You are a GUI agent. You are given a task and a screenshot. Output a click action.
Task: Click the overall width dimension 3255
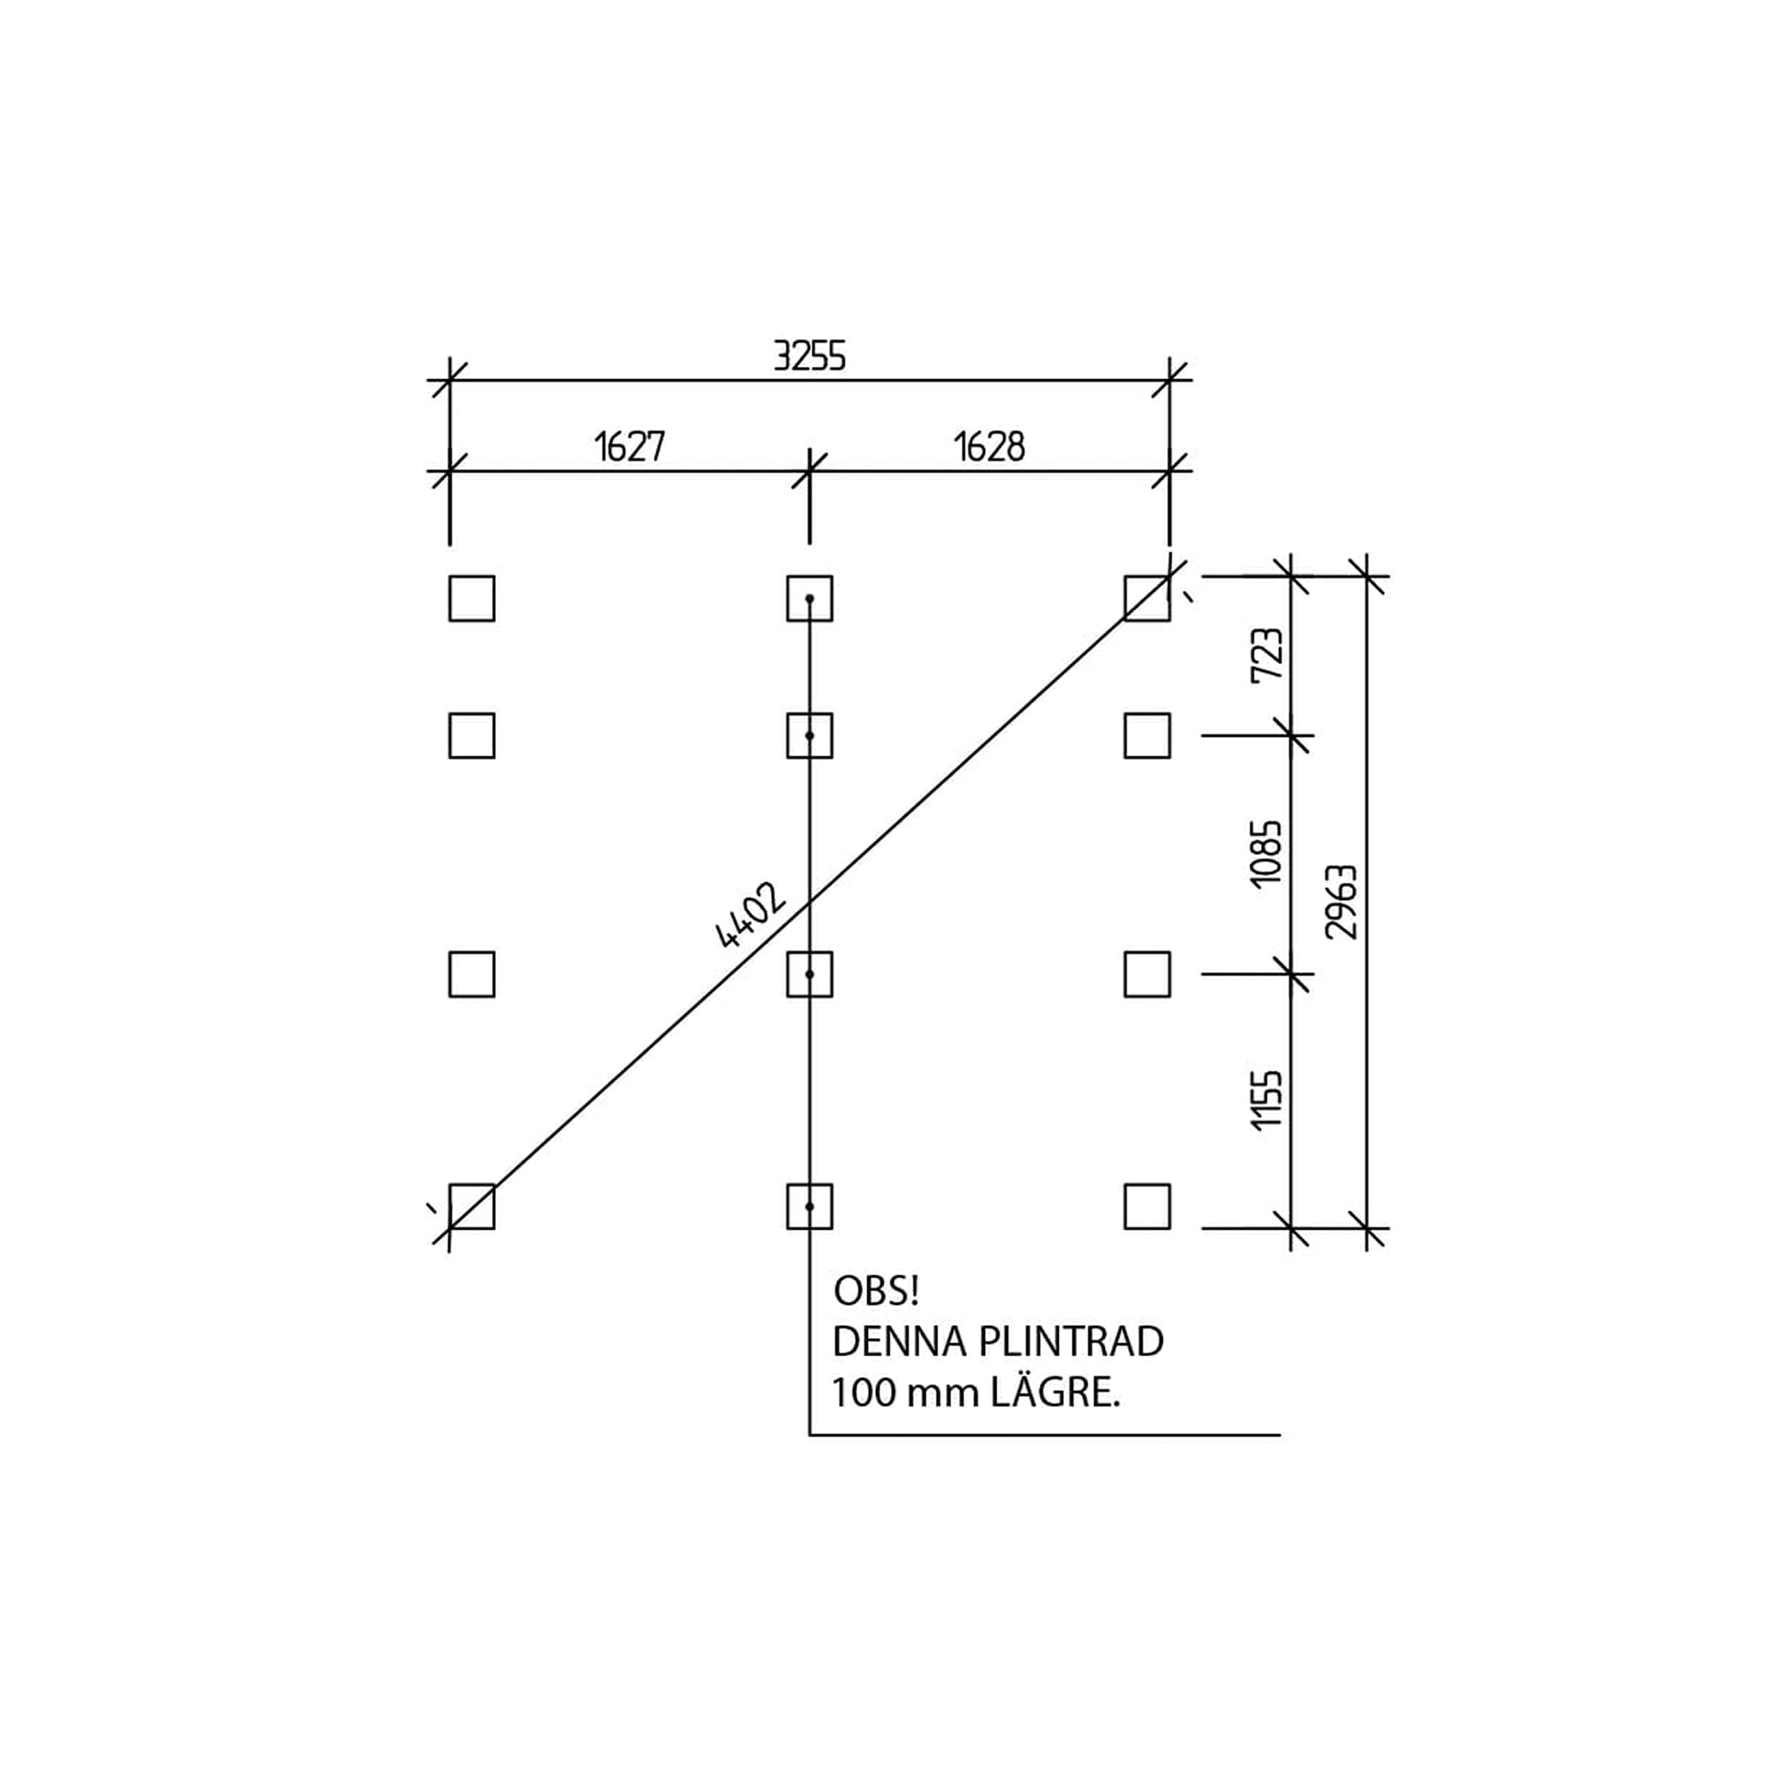point(809,356)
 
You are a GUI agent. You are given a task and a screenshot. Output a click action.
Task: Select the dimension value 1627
point(630,447)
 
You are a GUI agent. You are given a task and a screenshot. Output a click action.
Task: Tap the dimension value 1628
point(989,447)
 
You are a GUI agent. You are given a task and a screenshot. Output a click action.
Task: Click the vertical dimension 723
point(1267,654)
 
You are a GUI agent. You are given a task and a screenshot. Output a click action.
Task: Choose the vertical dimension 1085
point(1267,853)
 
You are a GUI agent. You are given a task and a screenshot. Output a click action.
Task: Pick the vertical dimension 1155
point(1267,1100)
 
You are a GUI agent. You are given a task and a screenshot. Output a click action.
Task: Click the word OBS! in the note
point(876,1291)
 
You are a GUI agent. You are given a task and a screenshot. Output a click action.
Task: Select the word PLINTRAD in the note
point(1071,1342)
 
